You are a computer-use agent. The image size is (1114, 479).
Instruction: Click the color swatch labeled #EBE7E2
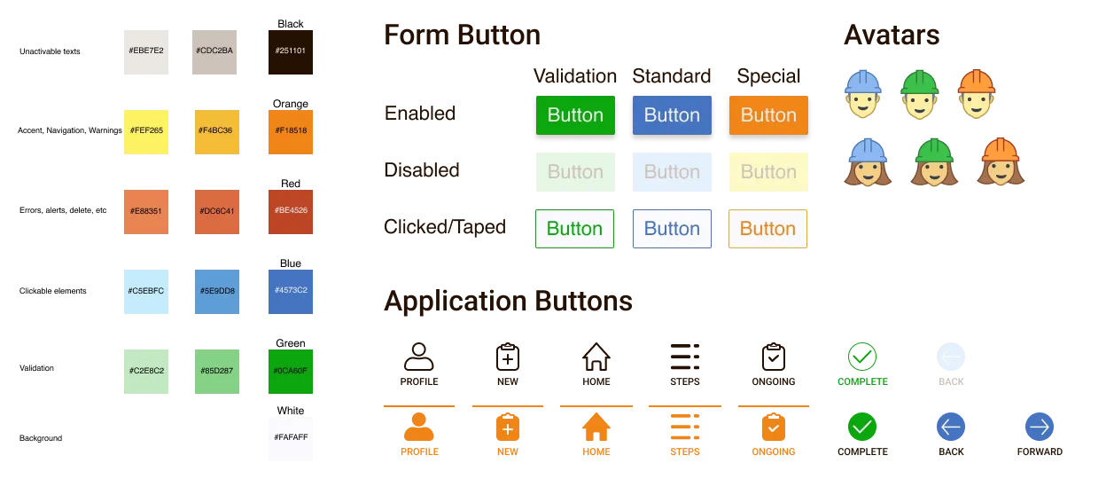pyautogui.click(x=145, y=52)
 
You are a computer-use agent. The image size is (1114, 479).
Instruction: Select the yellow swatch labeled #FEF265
pyautogui.click(x=145, y=131)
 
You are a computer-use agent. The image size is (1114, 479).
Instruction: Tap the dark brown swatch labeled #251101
pyautogui.click(x=291, y=52)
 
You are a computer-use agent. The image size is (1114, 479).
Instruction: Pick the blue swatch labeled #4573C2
pyautogui.click(x=291, y=292)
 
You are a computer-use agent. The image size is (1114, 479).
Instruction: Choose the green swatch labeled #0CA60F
pyautogui.click(x=291, y=372)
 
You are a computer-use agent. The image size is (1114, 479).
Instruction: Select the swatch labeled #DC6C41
pyautogui.click(x=215, y=210)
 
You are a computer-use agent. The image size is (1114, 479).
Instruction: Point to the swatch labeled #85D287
pyautogui.click(x=215, y=372)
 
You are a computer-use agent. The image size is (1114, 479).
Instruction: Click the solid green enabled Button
pyautogui.click(x=575, y=115)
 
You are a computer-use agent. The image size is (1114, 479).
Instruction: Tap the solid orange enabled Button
pyautogui.click(x=767, y=115)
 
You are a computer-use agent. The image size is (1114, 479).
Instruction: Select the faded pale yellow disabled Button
pyautogui.click(x=767, y=171)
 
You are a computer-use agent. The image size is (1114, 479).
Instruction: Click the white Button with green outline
pyautogui.click(x=574, y=229)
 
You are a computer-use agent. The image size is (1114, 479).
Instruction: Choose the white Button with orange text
pyautogui.click(x=767, y=229)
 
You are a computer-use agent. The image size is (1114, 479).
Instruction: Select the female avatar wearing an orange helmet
pyautogui.click(x=1001, y=162)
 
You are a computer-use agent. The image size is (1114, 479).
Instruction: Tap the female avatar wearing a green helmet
pyautogui.click(x=933, y=162)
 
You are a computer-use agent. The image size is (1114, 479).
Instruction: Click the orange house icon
pyautogui.click(x=598, y=428)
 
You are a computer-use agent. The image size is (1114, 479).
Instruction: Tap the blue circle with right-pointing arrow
pyautogui.click(x=1038, y=428)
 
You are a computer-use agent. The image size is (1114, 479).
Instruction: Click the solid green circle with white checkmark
pyautogui.click(x=861, y=428)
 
